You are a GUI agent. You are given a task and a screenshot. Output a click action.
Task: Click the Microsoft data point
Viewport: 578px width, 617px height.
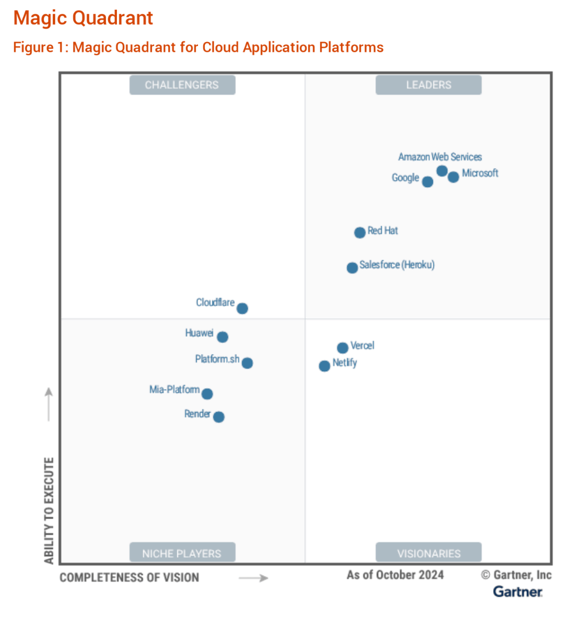[x=454, y=177]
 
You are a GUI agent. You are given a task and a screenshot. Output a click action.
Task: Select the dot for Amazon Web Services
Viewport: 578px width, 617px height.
[x=442, y=170]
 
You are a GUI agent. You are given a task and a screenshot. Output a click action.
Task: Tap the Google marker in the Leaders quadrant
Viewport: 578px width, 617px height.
[x=427, y=182]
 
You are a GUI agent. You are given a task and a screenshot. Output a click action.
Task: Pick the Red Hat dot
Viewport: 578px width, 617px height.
[x=360, y=233]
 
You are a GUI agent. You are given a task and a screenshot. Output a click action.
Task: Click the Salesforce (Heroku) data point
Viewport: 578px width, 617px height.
[x=352, y=268]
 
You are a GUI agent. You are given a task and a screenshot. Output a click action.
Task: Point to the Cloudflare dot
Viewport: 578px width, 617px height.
[x=242, y=308]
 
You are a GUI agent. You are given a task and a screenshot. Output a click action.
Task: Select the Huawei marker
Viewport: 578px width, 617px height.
[x=223, y=337]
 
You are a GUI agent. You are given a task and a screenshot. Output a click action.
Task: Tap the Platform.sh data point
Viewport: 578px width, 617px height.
[x=247, y=363]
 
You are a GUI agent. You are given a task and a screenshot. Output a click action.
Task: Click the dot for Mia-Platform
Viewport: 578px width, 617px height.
[x=207, y=394]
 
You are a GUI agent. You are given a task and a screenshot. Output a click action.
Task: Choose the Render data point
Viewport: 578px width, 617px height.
[x=219, y=417]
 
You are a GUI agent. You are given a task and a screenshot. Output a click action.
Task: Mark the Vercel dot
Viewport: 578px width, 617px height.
[x=343, y=348]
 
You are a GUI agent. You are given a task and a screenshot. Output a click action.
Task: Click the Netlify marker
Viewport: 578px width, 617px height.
[x=325, y=366]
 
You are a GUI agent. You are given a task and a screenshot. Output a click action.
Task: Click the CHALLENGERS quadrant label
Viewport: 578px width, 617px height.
[x=182, y=85]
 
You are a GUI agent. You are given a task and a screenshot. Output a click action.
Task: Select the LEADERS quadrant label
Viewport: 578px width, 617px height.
[x=428, y=85]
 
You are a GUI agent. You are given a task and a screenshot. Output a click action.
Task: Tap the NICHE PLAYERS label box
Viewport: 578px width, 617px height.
[x=182, y=554]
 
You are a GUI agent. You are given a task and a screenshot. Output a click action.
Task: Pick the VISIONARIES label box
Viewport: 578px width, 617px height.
[x=428, y=554]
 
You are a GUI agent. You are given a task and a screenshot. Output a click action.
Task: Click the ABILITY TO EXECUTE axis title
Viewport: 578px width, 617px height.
[x=49, y=511]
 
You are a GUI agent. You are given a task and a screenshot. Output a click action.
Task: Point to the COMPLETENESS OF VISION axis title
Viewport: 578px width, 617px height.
[x=130, y=577]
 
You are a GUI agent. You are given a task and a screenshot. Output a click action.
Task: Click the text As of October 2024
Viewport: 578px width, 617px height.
[x=395, y=575]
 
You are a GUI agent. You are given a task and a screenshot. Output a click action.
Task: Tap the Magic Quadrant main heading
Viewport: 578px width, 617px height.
[x=83, y=18]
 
